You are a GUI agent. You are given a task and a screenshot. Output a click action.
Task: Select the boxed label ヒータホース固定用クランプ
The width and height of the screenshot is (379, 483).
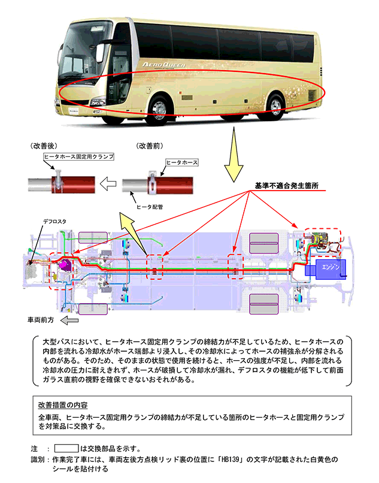78,156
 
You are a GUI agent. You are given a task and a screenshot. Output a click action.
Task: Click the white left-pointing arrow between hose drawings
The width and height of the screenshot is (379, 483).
109,183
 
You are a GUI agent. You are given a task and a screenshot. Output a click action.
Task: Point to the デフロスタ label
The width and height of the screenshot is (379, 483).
54,221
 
